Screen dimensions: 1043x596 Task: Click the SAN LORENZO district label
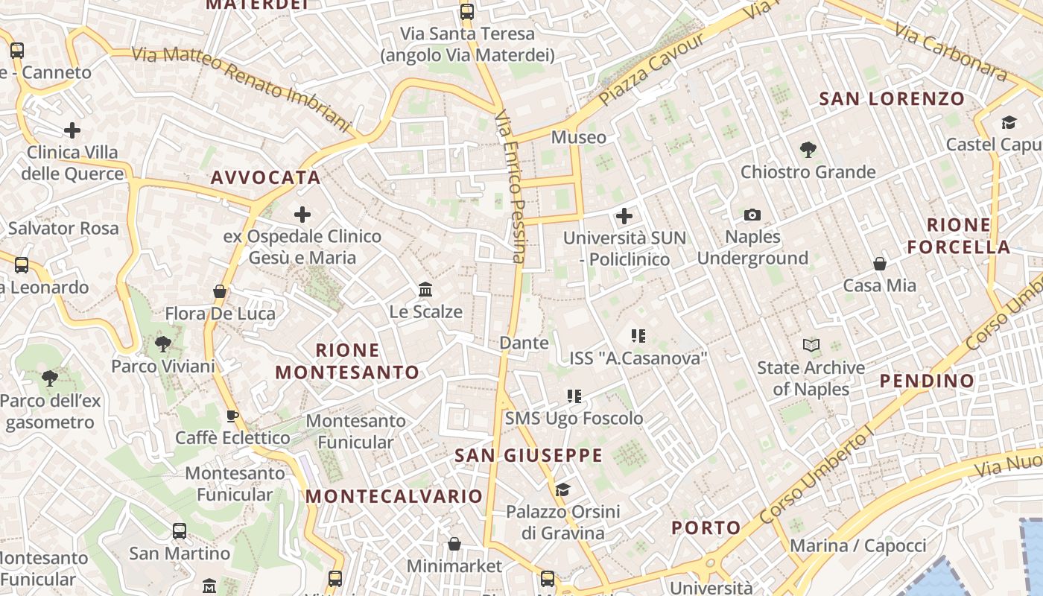[892, 98]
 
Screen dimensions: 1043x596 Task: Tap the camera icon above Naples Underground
[752, 215]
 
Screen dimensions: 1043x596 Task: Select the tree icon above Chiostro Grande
[808, 150]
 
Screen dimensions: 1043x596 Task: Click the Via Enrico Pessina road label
[510, 186]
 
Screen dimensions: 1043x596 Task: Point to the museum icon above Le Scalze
[425, 289]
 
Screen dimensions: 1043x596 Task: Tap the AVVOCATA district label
[266, 177]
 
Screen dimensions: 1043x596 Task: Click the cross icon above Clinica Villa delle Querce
[72, 130]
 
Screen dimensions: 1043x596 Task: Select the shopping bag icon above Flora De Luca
[220, 291]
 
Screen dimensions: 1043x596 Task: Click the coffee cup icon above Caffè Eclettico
[232, 416]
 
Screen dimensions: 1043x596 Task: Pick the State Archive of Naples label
[811, 378]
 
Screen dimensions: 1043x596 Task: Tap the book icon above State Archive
[811, 345]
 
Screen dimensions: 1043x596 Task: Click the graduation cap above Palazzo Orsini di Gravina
[562, 489]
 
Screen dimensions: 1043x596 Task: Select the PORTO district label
[706, 528]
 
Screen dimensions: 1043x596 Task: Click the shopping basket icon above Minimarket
[454, 544]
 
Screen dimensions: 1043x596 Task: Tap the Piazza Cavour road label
[651, 69]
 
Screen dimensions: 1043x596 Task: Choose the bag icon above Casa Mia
[880, 264]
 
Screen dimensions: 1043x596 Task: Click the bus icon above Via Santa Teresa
[467, 11]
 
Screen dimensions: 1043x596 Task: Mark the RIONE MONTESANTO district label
[347, 361]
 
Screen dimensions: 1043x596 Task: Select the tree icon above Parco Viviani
[162, 344]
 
